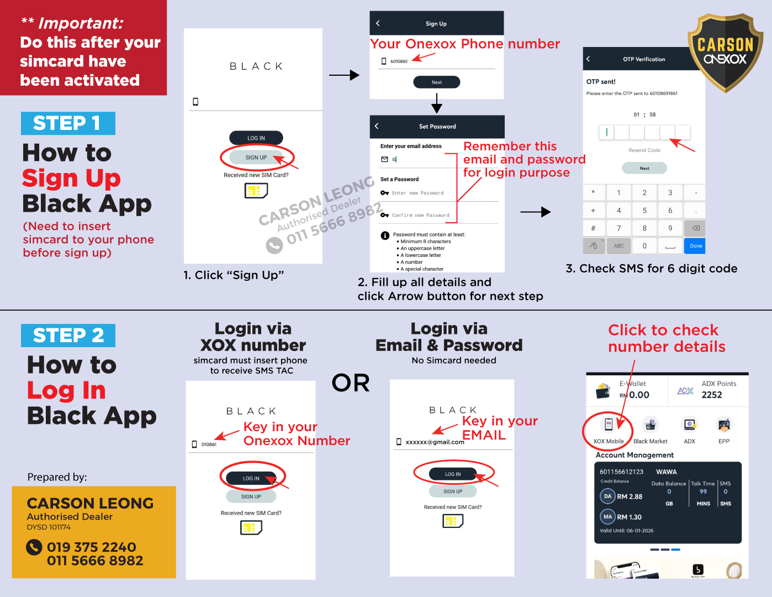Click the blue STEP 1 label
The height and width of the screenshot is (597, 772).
[x=67, y=123]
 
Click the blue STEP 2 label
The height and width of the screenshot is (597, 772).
[x=67, y=336]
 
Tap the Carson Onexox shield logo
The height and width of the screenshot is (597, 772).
[x=725, y=53]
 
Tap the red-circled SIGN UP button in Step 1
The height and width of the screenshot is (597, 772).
[x=256, y=158]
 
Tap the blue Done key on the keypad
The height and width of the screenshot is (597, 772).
[x=696, y=246]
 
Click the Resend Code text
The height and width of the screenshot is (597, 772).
[x=644, y=150]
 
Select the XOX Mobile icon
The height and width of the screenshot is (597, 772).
[x=608, y=425]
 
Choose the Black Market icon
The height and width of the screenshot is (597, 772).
[x=651, y=425]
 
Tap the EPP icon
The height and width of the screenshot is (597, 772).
[x=723, y=425]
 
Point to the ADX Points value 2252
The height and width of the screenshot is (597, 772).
[x=711, y=395]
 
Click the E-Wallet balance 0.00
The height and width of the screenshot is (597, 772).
[x=639, y=395]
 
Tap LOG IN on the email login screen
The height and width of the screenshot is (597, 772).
[x=453, y=474]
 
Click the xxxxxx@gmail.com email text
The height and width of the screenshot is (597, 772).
[x=435, y=442]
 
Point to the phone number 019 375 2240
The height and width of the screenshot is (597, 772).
[x=91, y=547]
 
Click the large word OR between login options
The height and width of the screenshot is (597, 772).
[x=351, y=383]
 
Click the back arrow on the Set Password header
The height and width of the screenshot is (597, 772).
[x=377, y=126]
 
